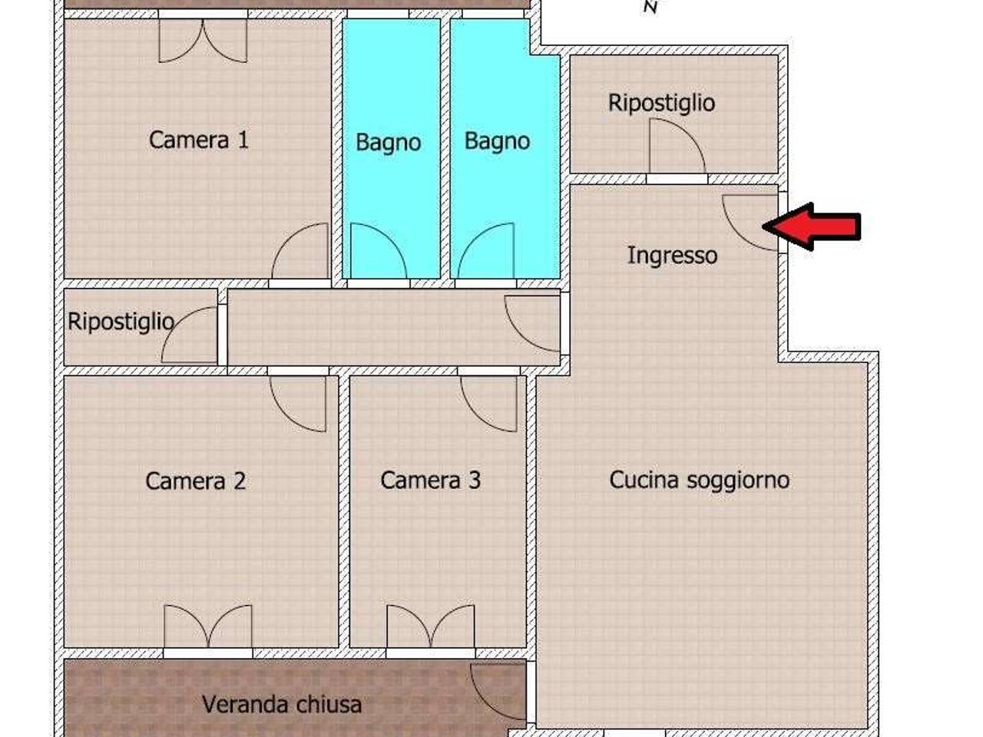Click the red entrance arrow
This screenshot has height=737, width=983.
(x=813, y=226)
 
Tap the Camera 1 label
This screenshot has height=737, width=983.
(x=198, y=140)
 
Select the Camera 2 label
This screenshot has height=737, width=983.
(x=195, y=481)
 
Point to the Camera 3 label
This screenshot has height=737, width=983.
(x=430, y=480)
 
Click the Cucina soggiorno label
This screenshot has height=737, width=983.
(x=699, y=480)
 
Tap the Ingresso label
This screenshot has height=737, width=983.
(x=672, y=255)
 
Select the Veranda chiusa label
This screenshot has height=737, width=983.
(x=281, y=704)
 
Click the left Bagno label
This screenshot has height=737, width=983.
(x=388, y=142)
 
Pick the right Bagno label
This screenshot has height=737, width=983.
(x=497, y=140)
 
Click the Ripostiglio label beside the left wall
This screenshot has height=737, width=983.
(x=121, y=321)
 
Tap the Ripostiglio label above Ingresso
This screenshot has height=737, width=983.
(x=661, y=102)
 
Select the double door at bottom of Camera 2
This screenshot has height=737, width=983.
(x=207, y=627)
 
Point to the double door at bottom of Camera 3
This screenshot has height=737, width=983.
(x=430, y=627)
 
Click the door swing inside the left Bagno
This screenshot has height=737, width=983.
(x=376, y=252)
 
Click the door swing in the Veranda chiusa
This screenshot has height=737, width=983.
(x=498, y=691)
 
